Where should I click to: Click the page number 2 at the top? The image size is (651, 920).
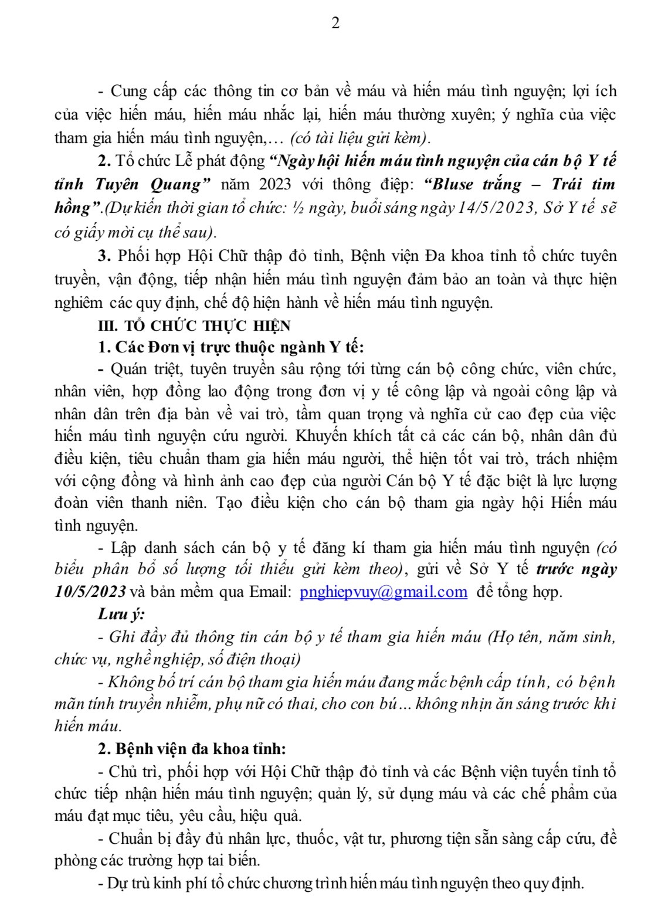coord(335,23)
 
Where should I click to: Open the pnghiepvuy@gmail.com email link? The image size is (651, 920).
coord(383,592)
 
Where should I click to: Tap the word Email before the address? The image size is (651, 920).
coord(270,592)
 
